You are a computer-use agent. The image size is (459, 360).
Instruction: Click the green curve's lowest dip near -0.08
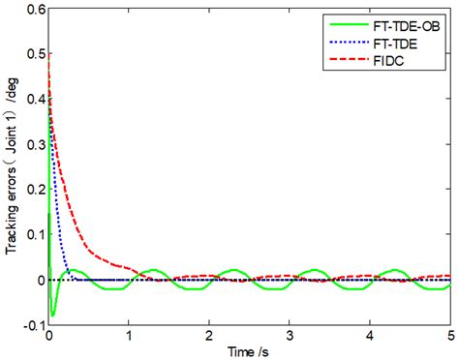click(x=53, y=315)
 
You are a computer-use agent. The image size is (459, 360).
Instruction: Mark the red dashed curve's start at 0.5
click(x=48, y=55)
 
